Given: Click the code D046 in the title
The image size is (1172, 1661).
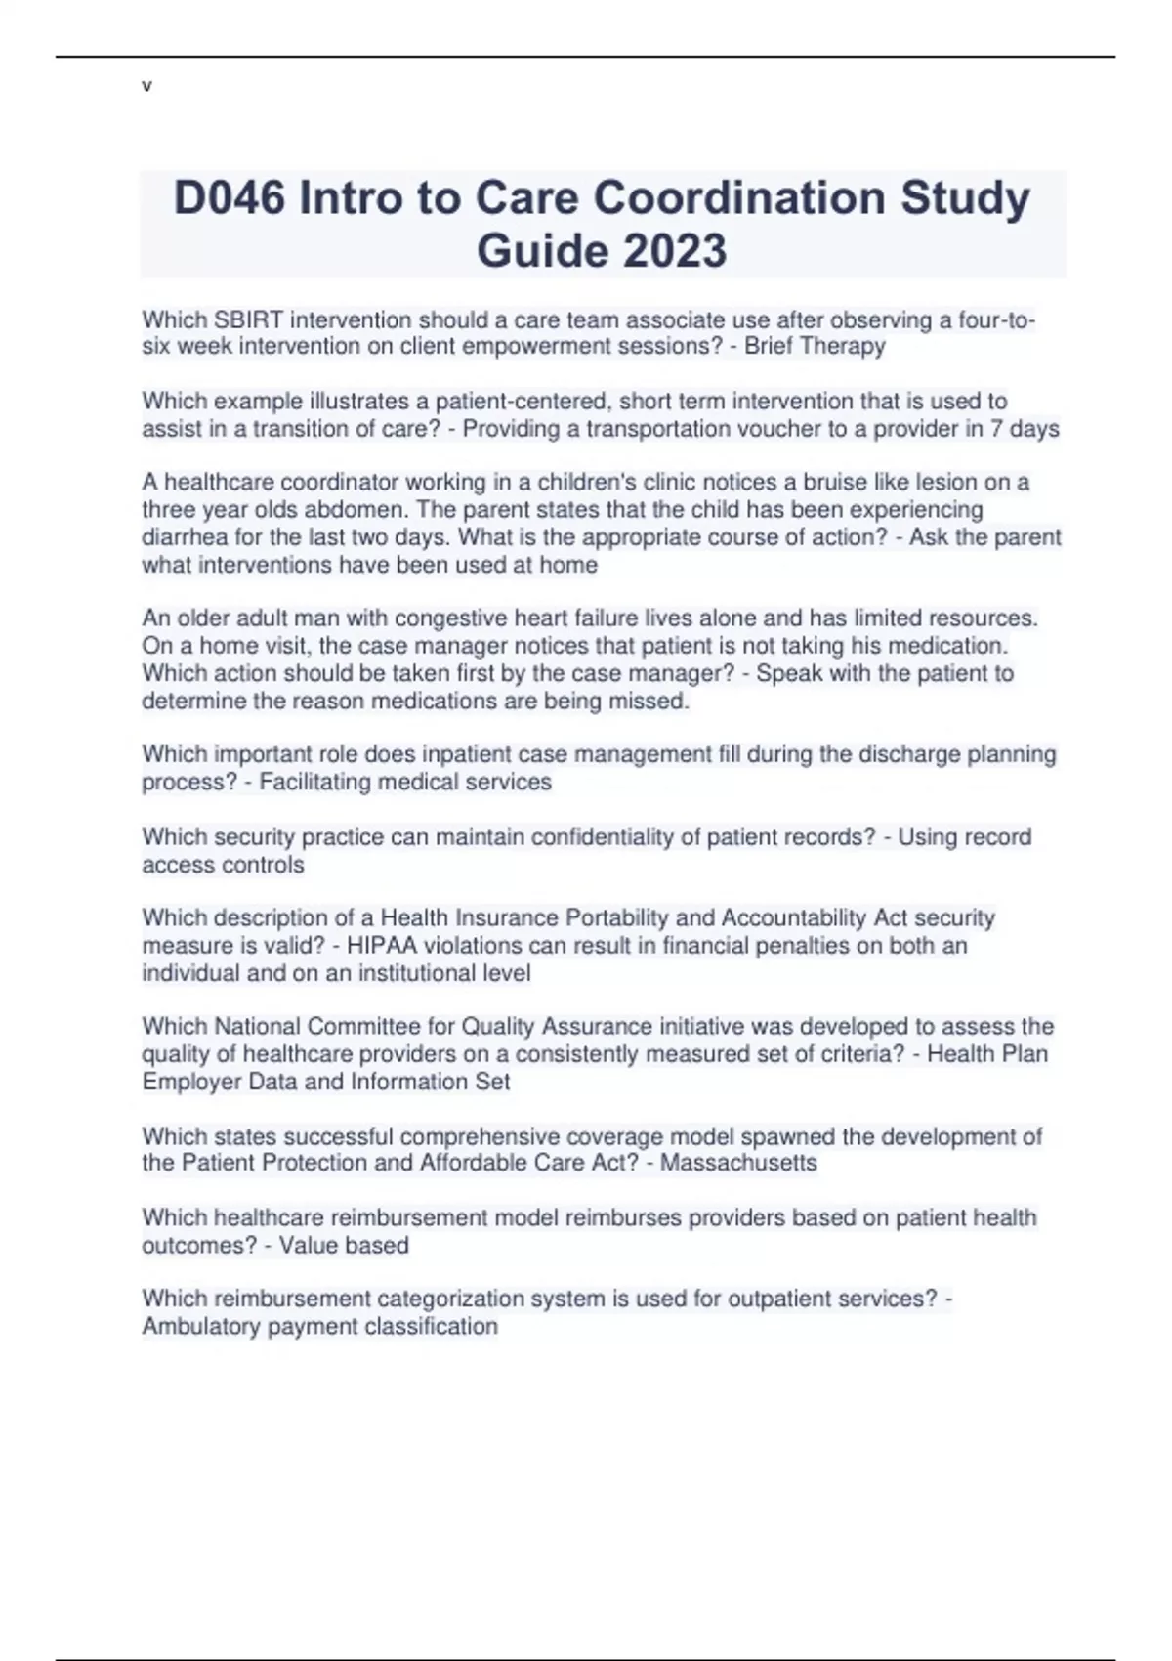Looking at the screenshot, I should (x=230, y=198).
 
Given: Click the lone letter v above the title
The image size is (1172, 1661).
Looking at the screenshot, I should (x=146, y=86).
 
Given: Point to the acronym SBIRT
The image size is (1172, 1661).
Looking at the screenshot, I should (x=248, y=320).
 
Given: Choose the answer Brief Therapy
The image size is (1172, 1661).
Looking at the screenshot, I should (x=815, y=346).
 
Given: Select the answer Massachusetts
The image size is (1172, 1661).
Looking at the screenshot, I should (x=738, y=1163).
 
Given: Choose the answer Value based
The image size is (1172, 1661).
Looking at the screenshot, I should (x=344, y=1246).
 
